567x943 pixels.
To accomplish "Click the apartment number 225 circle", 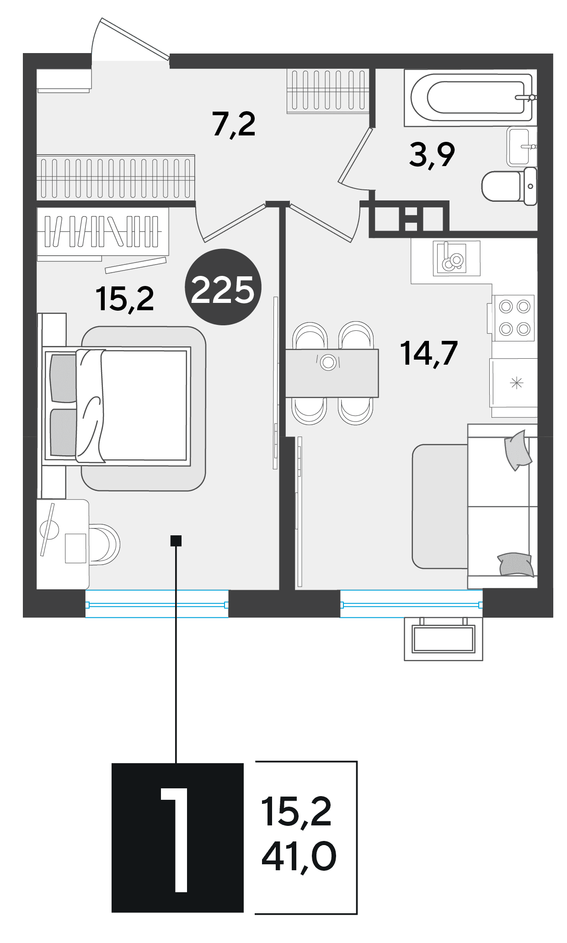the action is pyautogui.click(x=223, y=287).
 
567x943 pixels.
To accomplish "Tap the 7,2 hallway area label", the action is pyautogui.click(x=234, y=124).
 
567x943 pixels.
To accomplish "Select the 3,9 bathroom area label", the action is pyautogui.click(x=432, y=155).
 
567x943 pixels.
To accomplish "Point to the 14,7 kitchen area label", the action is pyautogui.click(x=429, y=353).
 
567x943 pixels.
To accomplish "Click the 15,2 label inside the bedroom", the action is pyautogui.click(x=125, y=299).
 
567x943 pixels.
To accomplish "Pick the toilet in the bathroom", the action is pyautogui.click(x=509, y=186).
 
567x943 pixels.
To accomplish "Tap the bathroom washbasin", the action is pyautogui.click(x=522, y=146).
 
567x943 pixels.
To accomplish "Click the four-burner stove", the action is pyautogui.click(x=513, y=318).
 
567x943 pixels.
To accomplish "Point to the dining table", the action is pyautogui.click(x=332, y=373).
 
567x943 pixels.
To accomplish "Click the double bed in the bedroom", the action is pyautogui.click(x=117, y=406).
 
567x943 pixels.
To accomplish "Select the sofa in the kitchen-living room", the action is pyautogui.click(x=502, y=506).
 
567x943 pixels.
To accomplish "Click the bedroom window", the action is pyautogui.click(x=157, y=604).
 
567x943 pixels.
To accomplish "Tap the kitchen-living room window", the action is pyautogui.click(x=412, y=604).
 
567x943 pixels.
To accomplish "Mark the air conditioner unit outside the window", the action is pyautogui.click(x=443, y=639).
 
